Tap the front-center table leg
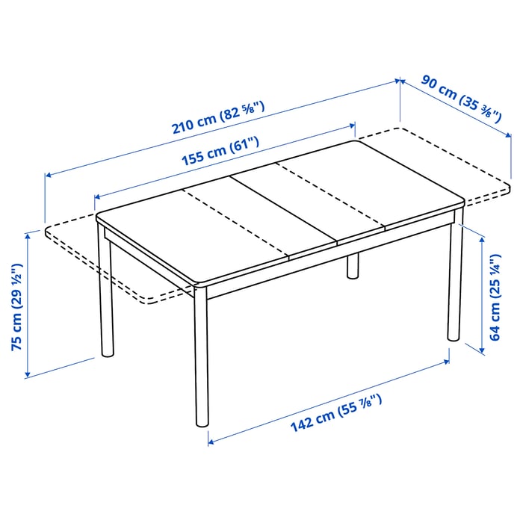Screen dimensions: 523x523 [199, 359]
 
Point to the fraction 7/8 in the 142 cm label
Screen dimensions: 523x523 [372, 403]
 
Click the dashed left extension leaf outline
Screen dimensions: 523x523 [112, 269]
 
